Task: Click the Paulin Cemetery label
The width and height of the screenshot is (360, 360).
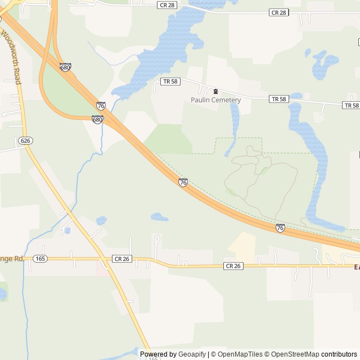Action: tap(215, 100)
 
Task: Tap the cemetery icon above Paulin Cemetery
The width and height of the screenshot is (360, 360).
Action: tap(215, 91)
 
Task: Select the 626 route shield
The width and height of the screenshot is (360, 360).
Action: tap(24, 140)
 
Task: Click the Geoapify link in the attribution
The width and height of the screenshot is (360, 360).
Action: tap(192, 354)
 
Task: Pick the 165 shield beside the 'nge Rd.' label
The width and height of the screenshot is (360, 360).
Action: tap(40, 258)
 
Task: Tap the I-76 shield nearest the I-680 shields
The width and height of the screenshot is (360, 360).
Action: tap(101, 106)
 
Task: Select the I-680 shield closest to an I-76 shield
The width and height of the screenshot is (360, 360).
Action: tap(97, 119)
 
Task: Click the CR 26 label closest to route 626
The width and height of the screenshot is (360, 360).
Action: tap(121, 259)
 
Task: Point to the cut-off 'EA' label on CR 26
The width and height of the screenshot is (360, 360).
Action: tap(357, 267)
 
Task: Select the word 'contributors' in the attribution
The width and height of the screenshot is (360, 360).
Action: tap(339, 354)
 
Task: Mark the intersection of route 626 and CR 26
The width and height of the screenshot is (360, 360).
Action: tap(103, 260)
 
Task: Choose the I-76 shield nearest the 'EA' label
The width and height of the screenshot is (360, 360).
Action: tap(280, 228)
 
